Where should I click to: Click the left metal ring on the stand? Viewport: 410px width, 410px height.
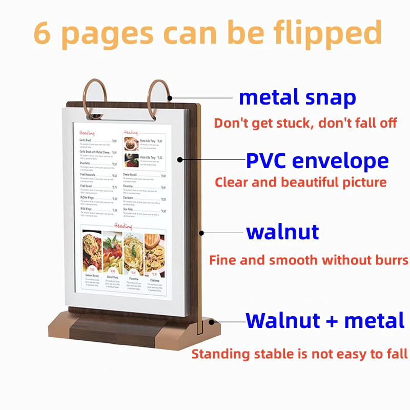point(96,94)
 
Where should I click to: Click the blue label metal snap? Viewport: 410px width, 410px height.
point(297,97)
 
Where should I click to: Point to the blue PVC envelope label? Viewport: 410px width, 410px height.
point(317,160)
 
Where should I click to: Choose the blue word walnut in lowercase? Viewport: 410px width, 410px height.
point(282,232)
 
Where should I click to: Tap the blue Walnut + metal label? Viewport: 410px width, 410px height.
point(325,320)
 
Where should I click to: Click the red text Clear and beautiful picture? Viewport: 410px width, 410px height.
point(301,182)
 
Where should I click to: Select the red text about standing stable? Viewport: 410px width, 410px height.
point(299,354)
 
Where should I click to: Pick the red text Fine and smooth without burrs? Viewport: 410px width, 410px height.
point(309,260)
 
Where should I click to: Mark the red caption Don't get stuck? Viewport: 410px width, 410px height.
point(305,124)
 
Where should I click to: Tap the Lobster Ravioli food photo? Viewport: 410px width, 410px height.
point(92,251)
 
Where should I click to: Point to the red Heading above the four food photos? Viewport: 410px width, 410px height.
point(124,225)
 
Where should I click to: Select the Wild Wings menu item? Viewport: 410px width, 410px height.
point(85,209)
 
